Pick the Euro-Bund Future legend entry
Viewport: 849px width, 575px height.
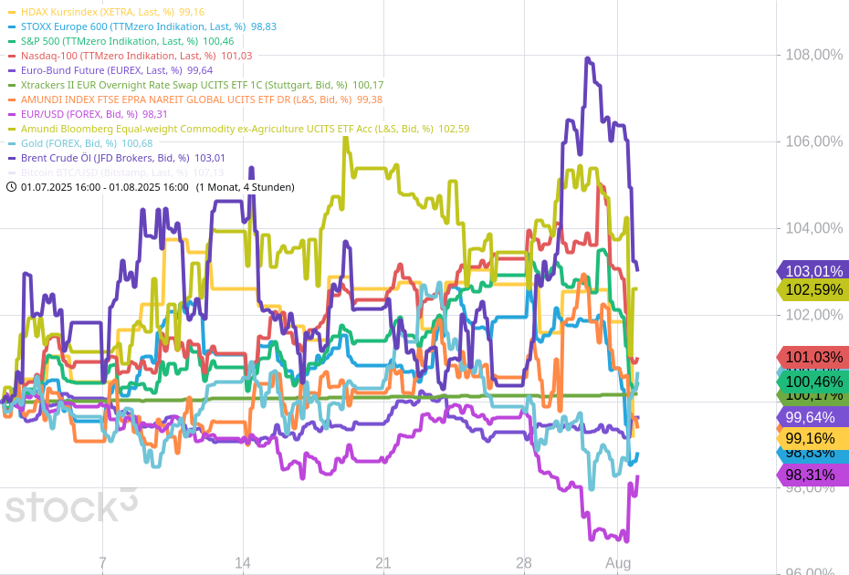click(x=100, y=70)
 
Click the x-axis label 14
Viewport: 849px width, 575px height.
click(x=243, y=562)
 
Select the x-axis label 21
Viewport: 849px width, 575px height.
click(x=383, y=562)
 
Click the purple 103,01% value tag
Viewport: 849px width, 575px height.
click(x=812, y=270)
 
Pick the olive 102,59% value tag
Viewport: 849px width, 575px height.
click(x=812, y=290)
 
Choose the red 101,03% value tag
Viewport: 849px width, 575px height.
click(x=812, y=357)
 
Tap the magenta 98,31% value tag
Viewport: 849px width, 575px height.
click(x=812, y=475)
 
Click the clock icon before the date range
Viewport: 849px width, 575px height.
click(x=11, y=187)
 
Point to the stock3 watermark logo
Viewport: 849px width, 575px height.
click(x=71, y=505)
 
